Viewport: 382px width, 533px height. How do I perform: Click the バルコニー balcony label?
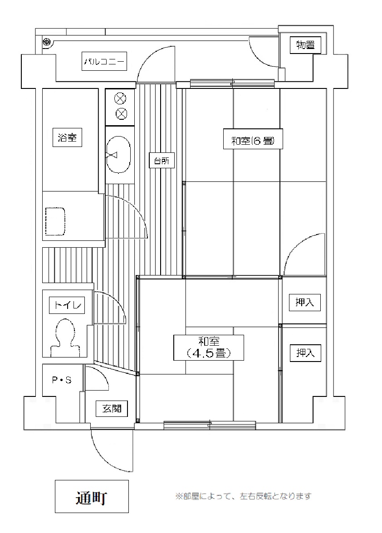click(104, 61)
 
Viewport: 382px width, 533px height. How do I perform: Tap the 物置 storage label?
click(305, 45)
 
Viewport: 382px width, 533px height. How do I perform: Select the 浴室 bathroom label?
click(67, 137)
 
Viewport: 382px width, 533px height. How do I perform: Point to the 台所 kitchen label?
click(162, 161)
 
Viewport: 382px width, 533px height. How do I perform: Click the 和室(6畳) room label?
click(253, 139)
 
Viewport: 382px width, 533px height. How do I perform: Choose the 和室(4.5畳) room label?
click(209, 347)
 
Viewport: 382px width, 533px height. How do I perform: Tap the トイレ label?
click(67, 305)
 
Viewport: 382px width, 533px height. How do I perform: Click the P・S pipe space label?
click(62, 380)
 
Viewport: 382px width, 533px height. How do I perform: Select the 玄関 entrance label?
click(112, 409)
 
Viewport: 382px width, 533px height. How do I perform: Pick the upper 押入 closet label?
click(304, 302)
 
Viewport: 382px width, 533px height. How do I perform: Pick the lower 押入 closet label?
click(305, 353)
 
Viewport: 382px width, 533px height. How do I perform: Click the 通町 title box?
click(92, 496)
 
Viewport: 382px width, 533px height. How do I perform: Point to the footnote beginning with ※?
click(243, 496)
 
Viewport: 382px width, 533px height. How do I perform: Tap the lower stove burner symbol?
click(120, 113)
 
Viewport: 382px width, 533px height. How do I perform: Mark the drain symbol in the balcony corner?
click(47, 42)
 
